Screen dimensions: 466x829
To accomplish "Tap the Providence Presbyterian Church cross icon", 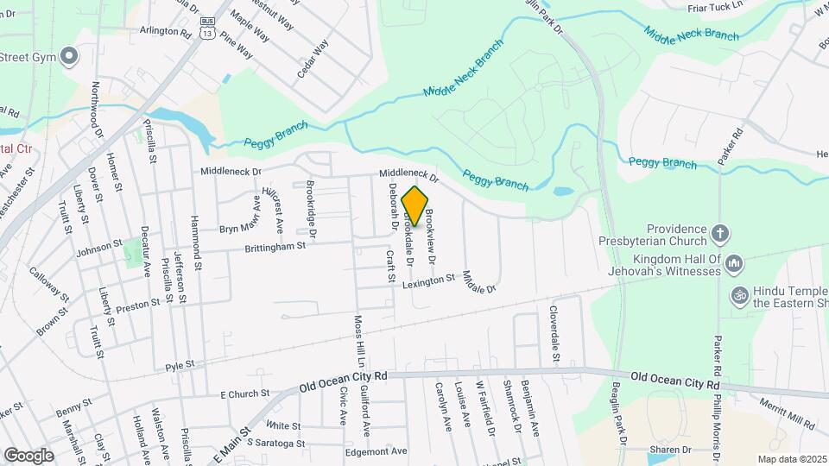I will pos(720,233).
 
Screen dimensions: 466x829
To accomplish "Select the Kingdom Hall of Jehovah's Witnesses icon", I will pos(735,261).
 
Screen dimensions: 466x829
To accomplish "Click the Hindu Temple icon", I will pos(737,294).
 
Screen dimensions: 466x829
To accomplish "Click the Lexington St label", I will pos(428,280).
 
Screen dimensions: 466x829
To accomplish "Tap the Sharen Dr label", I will pos(673,450).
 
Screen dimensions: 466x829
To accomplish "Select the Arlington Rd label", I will pos(165,30).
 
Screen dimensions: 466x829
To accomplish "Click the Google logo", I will pos(29,455).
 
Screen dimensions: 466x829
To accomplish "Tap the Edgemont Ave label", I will pos(375,450).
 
